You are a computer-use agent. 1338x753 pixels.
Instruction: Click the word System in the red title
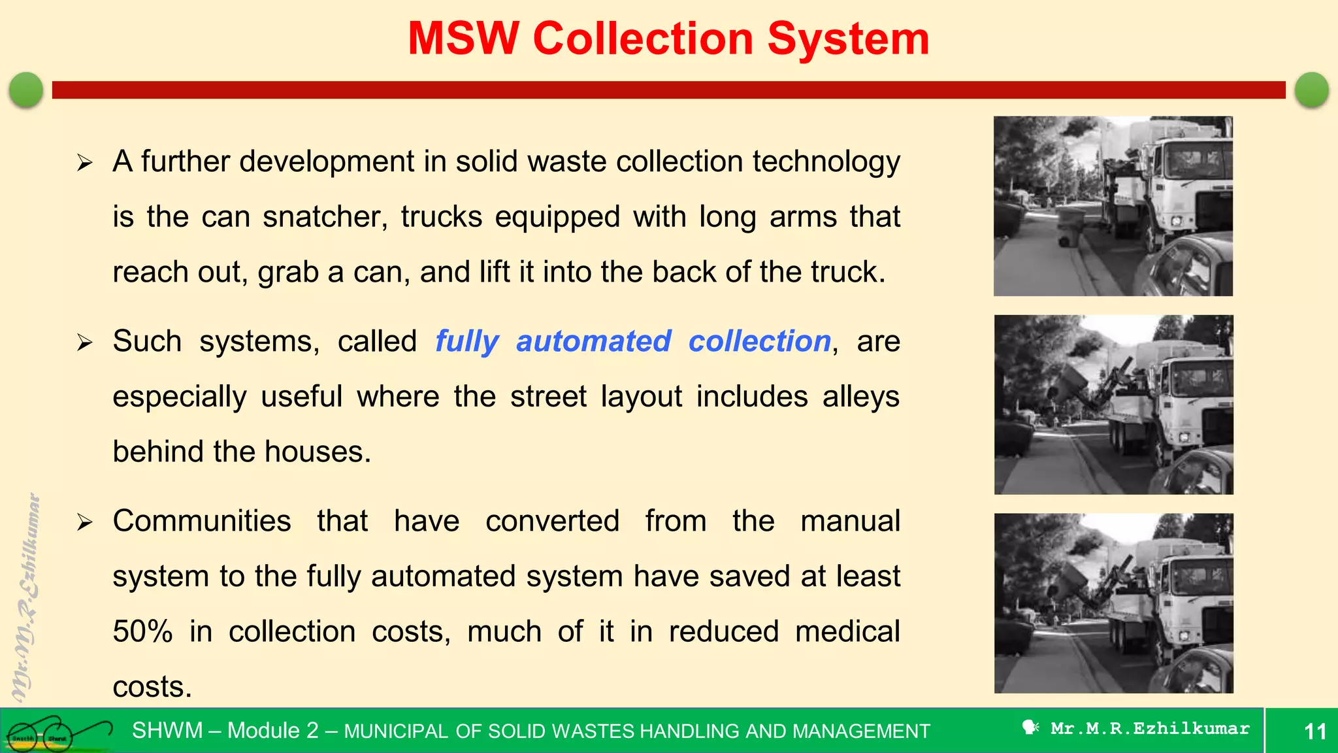[x=847, y=39]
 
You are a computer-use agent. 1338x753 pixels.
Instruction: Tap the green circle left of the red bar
[x=26, y=90]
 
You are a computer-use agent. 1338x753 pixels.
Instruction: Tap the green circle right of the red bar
[x=1311, y=90]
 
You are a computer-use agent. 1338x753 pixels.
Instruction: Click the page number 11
[x=1314, y=731]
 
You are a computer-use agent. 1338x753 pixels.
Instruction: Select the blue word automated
[x=593, y=342]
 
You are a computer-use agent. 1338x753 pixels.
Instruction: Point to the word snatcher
[x=325, y=217]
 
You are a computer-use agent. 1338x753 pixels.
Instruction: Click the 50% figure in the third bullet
[x=142, y=632]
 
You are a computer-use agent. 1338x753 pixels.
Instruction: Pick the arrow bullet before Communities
[x=84, y=522]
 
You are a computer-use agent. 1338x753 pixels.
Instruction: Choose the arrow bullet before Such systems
[x=84, y=342]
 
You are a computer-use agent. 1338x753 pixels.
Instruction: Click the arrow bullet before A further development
[x=84, y=162]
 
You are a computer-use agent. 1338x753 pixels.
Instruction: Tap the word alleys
[x=860, y=397]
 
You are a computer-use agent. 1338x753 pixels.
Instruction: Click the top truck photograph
[x=1113, y=206]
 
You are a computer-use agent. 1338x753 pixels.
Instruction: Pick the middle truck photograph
[x=1113, y=405]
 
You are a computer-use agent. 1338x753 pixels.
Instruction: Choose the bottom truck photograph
[x=1113, y=603]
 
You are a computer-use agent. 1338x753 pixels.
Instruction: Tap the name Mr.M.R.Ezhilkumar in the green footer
[x=1149, y=729]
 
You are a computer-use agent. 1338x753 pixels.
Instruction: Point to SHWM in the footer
[x=167, y=731]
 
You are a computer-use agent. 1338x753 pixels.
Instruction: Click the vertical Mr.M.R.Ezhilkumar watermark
[x=26, y=598]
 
